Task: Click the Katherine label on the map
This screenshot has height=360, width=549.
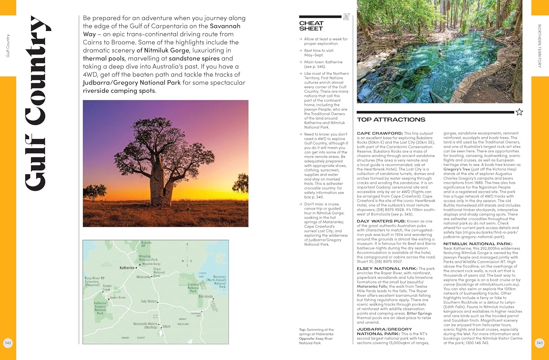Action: (x=127, y=268)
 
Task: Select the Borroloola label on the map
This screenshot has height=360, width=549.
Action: (x=205, y=296)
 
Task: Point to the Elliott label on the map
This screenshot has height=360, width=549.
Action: (x=167, y=326)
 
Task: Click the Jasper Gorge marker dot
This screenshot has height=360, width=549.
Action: (x=109, y=299)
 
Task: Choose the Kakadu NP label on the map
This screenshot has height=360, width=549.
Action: (x=146, y=244)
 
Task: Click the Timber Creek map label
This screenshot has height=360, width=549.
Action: (x=107, y=288)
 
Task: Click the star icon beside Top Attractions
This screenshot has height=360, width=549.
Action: (x=519, y=112)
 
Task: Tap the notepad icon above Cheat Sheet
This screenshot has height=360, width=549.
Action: (x=346, y=16)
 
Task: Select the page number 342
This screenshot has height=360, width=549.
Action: (x=8, y=343)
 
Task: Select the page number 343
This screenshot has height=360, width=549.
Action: (x=539, y=343)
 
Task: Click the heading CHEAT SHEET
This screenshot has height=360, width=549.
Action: (x=311, y=26)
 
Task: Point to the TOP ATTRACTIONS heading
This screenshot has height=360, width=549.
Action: (x=391, y=120)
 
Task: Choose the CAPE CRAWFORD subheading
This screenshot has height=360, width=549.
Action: (x=380, y=133)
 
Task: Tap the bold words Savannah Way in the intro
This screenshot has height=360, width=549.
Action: (x=162, y=30)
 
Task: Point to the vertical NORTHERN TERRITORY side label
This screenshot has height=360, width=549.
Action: (x=539, y=46)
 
